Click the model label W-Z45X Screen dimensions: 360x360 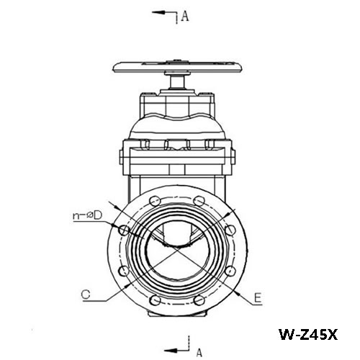click(308, 334)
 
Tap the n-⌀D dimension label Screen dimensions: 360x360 click(87, 215)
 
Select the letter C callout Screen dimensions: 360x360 click(86, 294)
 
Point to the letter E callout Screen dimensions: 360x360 click(258, 298)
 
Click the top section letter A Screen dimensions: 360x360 click(184, 17)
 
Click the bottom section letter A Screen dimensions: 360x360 click(199, 353)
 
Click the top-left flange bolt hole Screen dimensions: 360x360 click(155, 201)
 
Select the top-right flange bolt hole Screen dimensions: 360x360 click(199, 201)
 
